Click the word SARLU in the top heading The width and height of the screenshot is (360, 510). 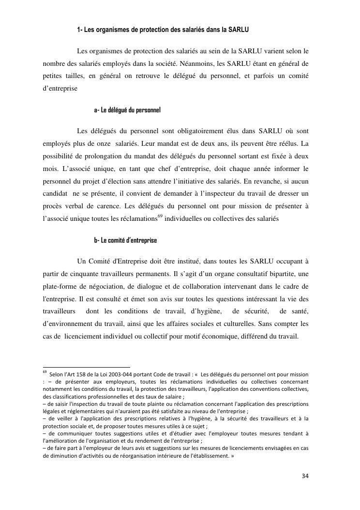click(x=239, y=30)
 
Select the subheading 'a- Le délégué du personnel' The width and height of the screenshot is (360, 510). click(x=127, y=110)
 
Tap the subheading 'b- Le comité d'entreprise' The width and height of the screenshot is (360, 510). click(x=125, y=241)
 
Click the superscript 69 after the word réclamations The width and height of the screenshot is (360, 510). click(x=161, y=216)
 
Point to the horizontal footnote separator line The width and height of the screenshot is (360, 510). click(x=87, y=367)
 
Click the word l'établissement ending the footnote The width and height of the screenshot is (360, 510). click(x=203, y=456)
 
